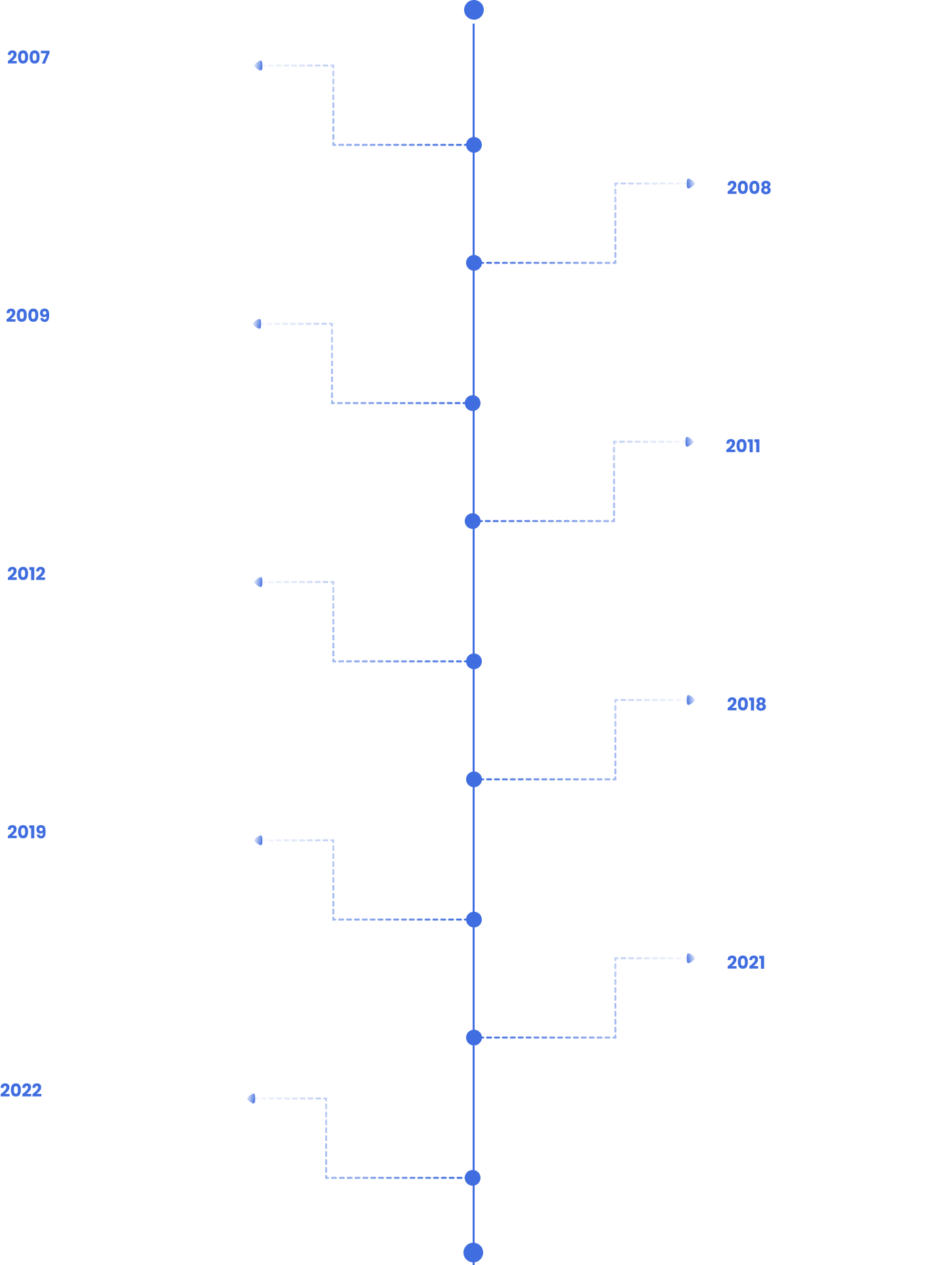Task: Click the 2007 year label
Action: pos(28,58)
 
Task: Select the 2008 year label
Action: pos(749,188)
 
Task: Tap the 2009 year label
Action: pos(28,316)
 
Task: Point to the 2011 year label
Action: pos(743,446)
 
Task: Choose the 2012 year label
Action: pos(26,574)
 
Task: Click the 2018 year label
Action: pos(746,705)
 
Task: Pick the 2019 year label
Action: pos(26,832)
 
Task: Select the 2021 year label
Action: pos(746,963)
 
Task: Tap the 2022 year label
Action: pos(21,1091)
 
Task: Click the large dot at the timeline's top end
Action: pos(474,10)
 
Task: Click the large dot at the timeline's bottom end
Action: pos(473,1253)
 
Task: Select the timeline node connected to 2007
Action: pos(474,145)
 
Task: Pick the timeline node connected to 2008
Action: pos(474,263)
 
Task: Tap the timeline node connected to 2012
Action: pos(474,661)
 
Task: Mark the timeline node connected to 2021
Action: pos(474,1038)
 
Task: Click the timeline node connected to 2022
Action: pos(473,1178)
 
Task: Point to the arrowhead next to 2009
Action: pos(258,324)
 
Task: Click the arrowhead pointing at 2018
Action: pos(690,700)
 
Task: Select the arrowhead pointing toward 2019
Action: pos(259,840)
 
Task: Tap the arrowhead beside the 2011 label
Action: pos(689,442)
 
